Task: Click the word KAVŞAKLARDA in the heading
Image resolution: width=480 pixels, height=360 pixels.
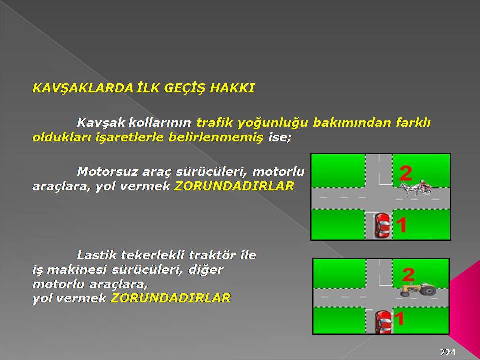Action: pos(83,89)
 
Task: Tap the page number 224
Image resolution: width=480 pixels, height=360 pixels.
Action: pos(448,352)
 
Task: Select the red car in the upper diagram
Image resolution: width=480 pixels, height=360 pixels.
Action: pos(382,226)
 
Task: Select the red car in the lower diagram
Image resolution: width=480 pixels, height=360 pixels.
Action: pos(383,322)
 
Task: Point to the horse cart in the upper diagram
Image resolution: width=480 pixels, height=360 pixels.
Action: pos(416,188)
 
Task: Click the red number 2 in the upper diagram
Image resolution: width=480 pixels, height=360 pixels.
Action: pos(406,173)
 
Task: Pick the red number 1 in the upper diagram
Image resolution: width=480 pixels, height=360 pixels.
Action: pos(402,225)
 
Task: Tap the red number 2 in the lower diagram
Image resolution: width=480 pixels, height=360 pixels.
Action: pos(408,275)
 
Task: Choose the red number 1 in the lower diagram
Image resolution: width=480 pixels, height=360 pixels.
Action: pos(399,318)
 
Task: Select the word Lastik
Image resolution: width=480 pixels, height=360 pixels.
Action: pos(97,255)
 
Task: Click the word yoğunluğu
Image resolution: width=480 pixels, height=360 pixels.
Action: pos(273,123)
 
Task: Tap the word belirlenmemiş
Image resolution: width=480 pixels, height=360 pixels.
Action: pos(216,138)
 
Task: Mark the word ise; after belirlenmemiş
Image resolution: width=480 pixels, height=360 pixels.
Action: pos(280,138)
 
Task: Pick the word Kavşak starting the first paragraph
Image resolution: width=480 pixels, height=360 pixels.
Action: pos(101,123)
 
